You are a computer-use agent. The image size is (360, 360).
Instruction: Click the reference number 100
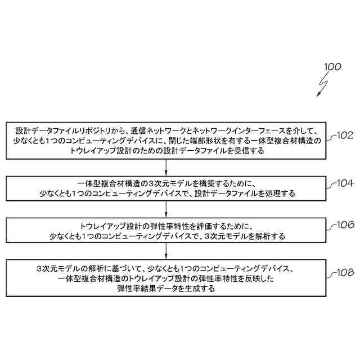(x=332, y=67)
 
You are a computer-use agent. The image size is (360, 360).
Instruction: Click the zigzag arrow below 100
(x=321, y=85)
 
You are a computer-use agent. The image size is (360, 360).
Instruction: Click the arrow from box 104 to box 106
(x=166, y=209)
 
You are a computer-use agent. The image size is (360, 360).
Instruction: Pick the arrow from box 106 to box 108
(x=166, y=250)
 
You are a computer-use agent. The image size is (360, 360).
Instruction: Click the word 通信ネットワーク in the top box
(x=150, y=130)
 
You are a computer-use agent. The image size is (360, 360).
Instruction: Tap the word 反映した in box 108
(x=274, y=278)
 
